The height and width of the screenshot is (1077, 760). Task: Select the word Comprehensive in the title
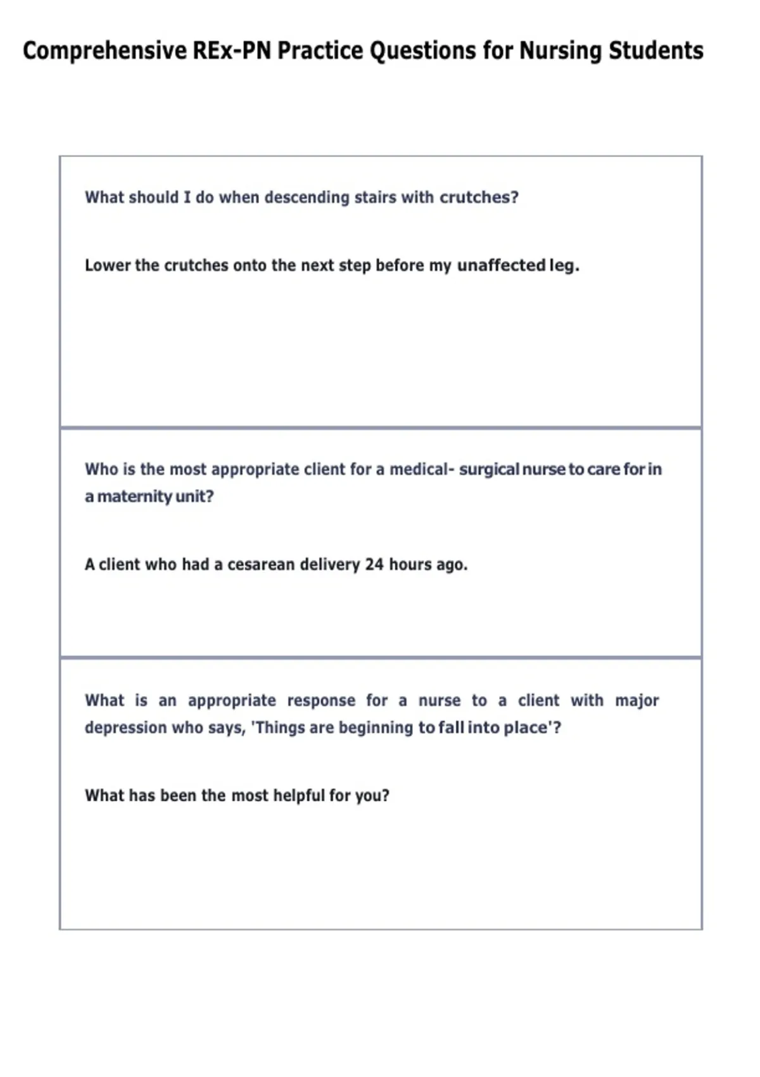pyautogui.click(x=104, y=51)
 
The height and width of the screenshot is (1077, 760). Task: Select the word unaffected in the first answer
pyautogui.click(x=501, y=265)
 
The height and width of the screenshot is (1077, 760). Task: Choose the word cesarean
pyautogui.click(x=261, y=564)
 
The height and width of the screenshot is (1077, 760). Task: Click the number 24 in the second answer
pyautogui.click(x=374, y=564)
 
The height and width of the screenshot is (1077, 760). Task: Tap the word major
pyautogui.click(x=637, y=701)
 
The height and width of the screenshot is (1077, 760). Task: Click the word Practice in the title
pyautogui.click(x=320, y=51)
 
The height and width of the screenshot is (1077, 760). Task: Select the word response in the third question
pyautogui.click(x=321, y=701)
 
